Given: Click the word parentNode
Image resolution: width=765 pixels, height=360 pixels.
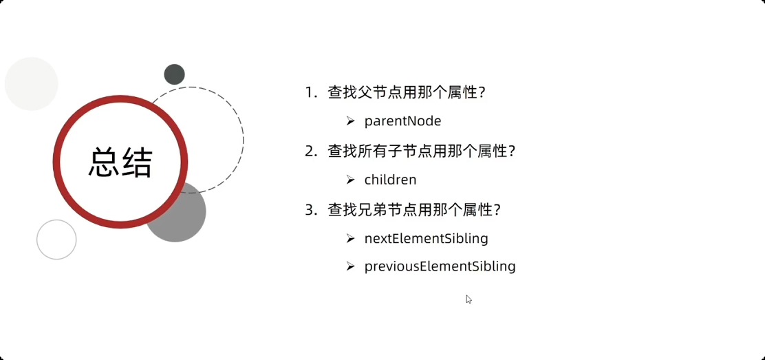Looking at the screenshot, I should pyautogui.click(x=402, y=121).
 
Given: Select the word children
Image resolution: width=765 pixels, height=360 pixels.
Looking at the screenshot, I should pyautogui.click(x=390, y=180).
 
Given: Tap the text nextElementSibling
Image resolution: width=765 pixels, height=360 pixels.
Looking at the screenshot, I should pyautogui.click(x=426, y=239).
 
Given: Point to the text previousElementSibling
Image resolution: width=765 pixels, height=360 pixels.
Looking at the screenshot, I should pyautogui.click(x=440, y=266).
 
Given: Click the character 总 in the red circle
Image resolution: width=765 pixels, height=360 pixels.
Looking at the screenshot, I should pyautogui.click(x=104, y=163).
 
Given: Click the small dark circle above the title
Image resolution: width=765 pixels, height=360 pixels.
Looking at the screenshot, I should pyautogui.click(x=174, y=74).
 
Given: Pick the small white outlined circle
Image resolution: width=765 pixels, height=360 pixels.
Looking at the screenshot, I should pyautogui.click(x=56, y=240).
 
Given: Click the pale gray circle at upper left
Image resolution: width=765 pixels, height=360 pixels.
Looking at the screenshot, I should pyautogui.click(x=31, y=83).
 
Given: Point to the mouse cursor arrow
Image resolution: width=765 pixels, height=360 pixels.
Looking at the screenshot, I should pyautogui.click(x=468, y=299).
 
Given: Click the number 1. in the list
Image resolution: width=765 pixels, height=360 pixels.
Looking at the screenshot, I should pyautogui.click(x=312, y=93).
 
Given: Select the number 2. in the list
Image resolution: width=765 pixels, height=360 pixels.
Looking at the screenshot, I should pyautogui.click(x=312, y=151).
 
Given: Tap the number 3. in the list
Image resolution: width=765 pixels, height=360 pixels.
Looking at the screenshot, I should pyautogui.click(x=312, y=210).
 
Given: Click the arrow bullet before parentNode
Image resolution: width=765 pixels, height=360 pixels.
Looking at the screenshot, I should pyautogui.click(x=350, y=121).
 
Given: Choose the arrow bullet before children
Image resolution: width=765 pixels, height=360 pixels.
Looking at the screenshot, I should pyautogui.click(x=350, y=180).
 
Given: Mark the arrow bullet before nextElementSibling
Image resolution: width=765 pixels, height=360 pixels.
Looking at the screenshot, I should pyautogui.click(x=350, y=239).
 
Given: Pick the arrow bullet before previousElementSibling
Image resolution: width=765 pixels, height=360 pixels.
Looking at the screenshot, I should pyautogui.click(x=350, y=266).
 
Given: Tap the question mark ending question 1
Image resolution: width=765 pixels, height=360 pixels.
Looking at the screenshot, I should pyautogui.click(x=482, y=93).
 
